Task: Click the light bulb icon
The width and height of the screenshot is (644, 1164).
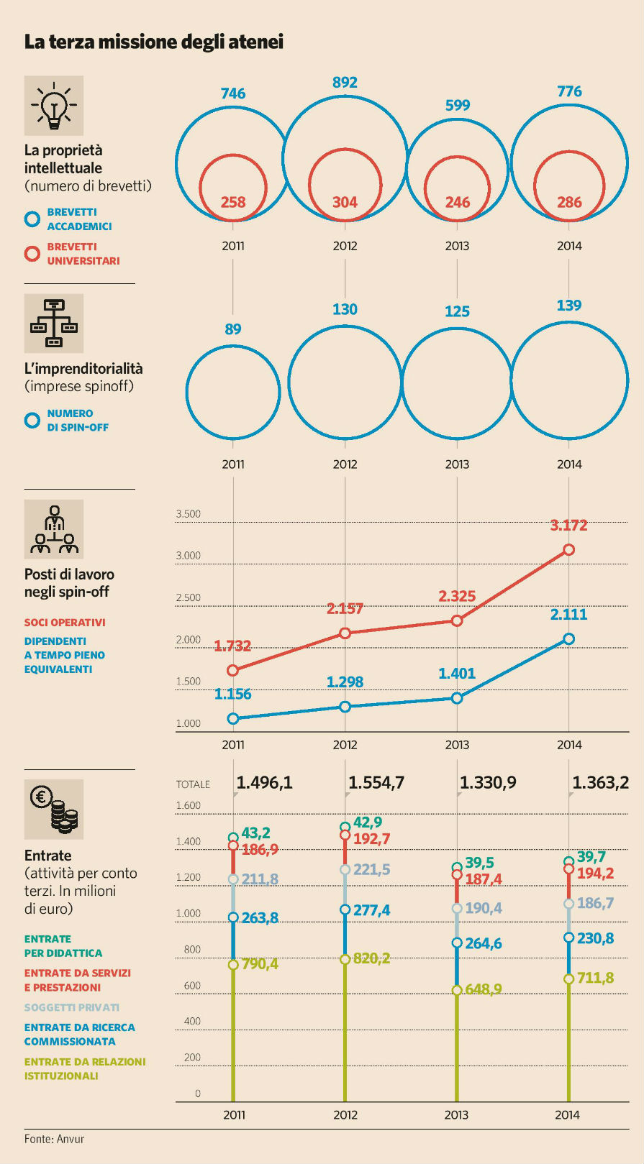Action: (x=54, y=106)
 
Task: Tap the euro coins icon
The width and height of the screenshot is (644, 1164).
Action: (x=54, y=809)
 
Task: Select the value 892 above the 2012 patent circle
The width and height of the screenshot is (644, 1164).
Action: (x=345, y=83)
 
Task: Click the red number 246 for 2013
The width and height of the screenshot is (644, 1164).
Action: (x=457, y=202)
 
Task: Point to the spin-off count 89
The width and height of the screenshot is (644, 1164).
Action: (x=233, y=329)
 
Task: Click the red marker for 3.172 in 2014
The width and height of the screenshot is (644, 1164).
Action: (x=568, y=549)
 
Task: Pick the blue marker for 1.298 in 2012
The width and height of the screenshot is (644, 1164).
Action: (x=345, y=707)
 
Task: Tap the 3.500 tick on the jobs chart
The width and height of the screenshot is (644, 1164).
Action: (x=189, y=514)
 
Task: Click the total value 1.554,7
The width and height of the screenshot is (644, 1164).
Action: (x=376, y=782)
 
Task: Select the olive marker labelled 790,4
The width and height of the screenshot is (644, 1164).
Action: (x=233, y=965)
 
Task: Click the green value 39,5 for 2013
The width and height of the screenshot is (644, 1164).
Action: (x=479, y=862)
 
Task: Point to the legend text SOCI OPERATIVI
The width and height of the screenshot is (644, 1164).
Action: (x=65, y=623)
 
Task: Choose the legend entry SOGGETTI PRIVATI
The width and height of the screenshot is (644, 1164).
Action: (x=72, y=1007)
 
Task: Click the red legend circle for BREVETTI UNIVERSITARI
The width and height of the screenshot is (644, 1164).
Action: (x=32, y=254)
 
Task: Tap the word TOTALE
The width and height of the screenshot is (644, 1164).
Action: (x=194, y=784)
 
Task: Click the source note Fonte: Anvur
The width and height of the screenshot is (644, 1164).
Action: (x=54, y=1139)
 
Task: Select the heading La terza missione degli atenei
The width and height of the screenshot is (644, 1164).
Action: (x=154, y=42)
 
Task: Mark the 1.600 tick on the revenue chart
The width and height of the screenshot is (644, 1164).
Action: (x=189, y=805)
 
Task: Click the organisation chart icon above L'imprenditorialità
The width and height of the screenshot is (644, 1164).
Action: (x=54, y=323)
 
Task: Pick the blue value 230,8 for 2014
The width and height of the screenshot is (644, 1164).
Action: (x=595, y=938)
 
